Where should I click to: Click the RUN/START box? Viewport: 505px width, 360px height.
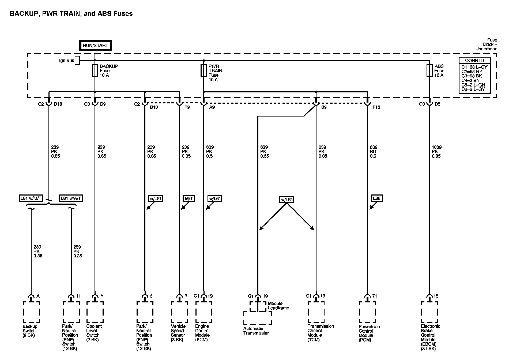[95, 45]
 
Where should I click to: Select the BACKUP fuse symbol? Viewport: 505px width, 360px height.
[95, 71]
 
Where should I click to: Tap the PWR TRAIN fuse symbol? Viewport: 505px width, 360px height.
[203, 71]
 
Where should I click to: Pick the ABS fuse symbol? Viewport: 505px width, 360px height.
[429, 71]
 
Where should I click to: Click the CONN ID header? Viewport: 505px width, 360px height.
[474, 61]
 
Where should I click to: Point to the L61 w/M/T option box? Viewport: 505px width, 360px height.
[31, 198]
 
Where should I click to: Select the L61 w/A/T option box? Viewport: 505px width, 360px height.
[71, 198]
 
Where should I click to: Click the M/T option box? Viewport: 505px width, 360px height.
[189, 198]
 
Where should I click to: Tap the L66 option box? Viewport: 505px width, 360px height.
[376, 198]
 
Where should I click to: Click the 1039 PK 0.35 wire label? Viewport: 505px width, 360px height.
[436, 152]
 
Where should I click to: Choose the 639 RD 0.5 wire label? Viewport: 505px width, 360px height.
[374, 152]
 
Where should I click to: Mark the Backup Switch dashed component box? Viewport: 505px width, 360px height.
[31, 312]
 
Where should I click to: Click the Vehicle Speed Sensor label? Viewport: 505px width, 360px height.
[178, 333]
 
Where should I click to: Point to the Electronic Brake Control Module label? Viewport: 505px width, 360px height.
[430, 337]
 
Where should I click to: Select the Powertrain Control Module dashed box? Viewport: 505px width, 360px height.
[367, 312]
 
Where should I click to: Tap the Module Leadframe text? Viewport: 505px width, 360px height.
[278, 306]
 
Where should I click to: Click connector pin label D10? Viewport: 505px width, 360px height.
[58, 104]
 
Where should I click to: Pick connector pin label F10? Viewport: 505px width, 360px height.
[376, 107]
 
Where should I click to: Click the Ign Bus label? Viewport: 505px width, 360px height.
[67, 61]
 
